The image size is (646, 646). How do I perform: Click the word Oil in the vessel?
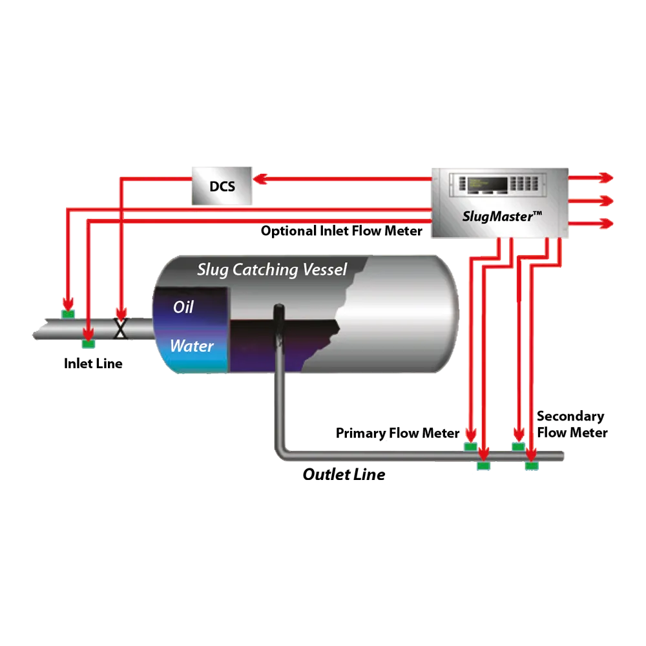[x=183, y=307]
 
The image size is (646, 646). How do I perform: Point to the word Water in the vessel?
[x=191, y=346]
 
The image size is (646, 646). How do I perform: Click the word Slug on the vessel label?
[x=214, y=270]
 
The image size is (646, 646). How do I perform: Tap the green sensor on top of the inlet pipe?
[x=67, y=313]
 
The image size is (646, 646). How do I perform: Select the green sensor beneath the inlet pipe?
[x=88, y=345]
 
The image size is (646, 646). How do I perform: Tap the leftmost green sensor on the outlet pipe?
[x=470, y=446]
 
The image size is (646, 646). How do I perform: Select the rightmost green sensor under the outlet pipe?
[x=531, y=464]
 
